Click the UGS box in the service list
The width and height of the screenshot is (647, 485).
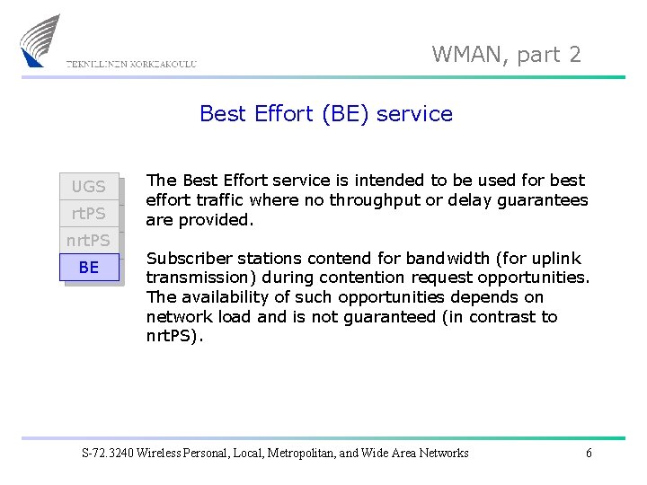pyautogui.click(x=89, y=187)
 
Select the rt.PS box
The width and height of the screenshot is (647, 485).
pyautogui.click(x=89, y=214)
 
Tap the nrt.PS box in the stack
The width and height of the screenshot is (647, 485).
pyautogui.click(x=89, y=241)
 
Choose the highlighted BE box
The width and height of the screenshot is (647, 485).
pyautogui.click(x=89, y=268)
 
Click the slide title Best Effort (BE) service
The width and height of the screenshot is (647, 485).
pyautogui.click(x=325, y=114)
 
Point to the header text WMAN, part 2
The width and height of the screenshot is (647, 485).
pyautogui.click(x=506, y=55)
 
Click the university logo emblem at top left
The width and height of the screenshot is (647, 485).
pyautogui.click(x=41, y=40)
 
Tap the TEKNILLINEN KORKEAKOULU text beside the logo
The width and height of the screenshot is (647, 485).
pyautogui.click(x=131, y=64)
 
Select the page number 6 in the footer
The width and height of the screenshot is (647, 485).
pyautogui.click(x=589, y=453)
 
